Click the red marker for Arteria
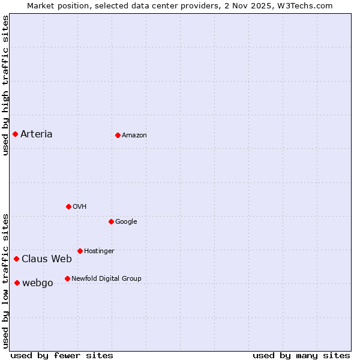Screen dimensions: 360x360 click(15, 134)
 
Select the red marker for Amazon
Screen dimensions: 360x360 click(118, 135)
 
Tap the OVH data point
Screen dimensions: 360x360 click(68, 206)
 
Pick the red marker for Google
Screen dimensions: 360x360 click(111, 221)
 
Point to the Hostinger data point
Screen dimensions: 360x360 click(80, 251)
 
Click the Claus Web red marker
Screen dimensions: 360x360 click(16, 259)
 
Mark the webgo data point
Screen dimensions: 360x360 click(17, 283)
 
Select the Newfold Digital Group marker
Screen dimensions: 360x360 click(67, 278)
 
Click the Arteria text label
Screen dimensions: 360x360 click(37, 134)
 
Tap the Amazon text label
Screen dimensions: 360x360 click(134, 135)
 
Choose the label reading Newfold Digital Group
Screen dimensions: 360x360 click(106, 278)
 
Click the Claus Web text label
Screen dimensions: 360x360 click(47, 259)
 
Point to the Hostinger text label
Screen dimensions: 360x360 click(99, 251)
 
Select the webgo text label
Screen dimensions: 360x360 click(38, 283)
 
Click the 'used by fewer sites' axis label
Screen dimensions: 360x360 click(62, 355)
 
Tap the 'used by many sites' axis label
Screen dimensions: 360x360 click(301, 355)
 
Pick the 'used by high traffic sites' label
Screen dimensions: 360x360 click(5, 85)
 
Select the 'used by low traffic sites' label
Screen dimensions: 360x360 click(5, 281)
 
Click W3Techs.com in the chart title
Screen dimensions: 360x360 click(307, 5)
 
